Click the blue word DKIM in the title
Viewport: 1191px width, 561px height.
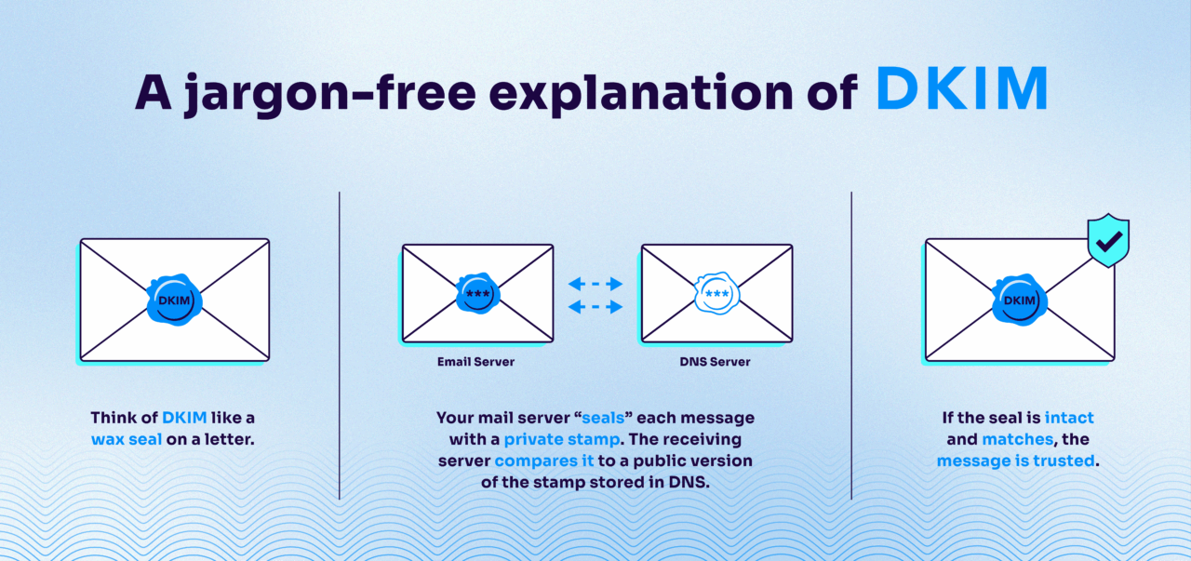(962, 89)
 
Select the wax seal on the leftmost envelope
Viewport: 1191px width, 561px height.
(174, 300)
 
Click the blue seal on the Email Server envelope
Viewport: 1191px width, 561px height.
(478, 294)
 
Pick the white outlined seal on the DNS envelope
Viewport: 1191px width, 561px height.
(717, 294)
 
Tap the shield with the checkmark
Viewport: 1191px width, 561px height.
(1107, 241)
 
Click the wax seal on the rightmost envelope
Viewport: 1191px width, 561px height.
(1020, 300)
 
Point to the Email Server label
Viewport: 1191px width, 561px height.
(475, 362)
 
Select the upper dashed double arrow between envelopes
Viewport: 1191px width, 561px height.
(595, 284)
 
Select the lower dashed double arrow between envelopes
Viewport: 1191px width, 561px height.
(595, 306)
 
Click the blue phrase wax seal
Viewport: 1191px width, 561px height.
(127, 439)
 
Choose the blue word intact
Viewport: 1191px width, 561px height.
(1069, 418)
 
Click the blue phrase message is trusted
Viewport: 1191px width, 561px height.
(1018, 461)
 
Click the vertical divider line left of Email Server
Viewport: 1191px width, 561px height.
(340, 344)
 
